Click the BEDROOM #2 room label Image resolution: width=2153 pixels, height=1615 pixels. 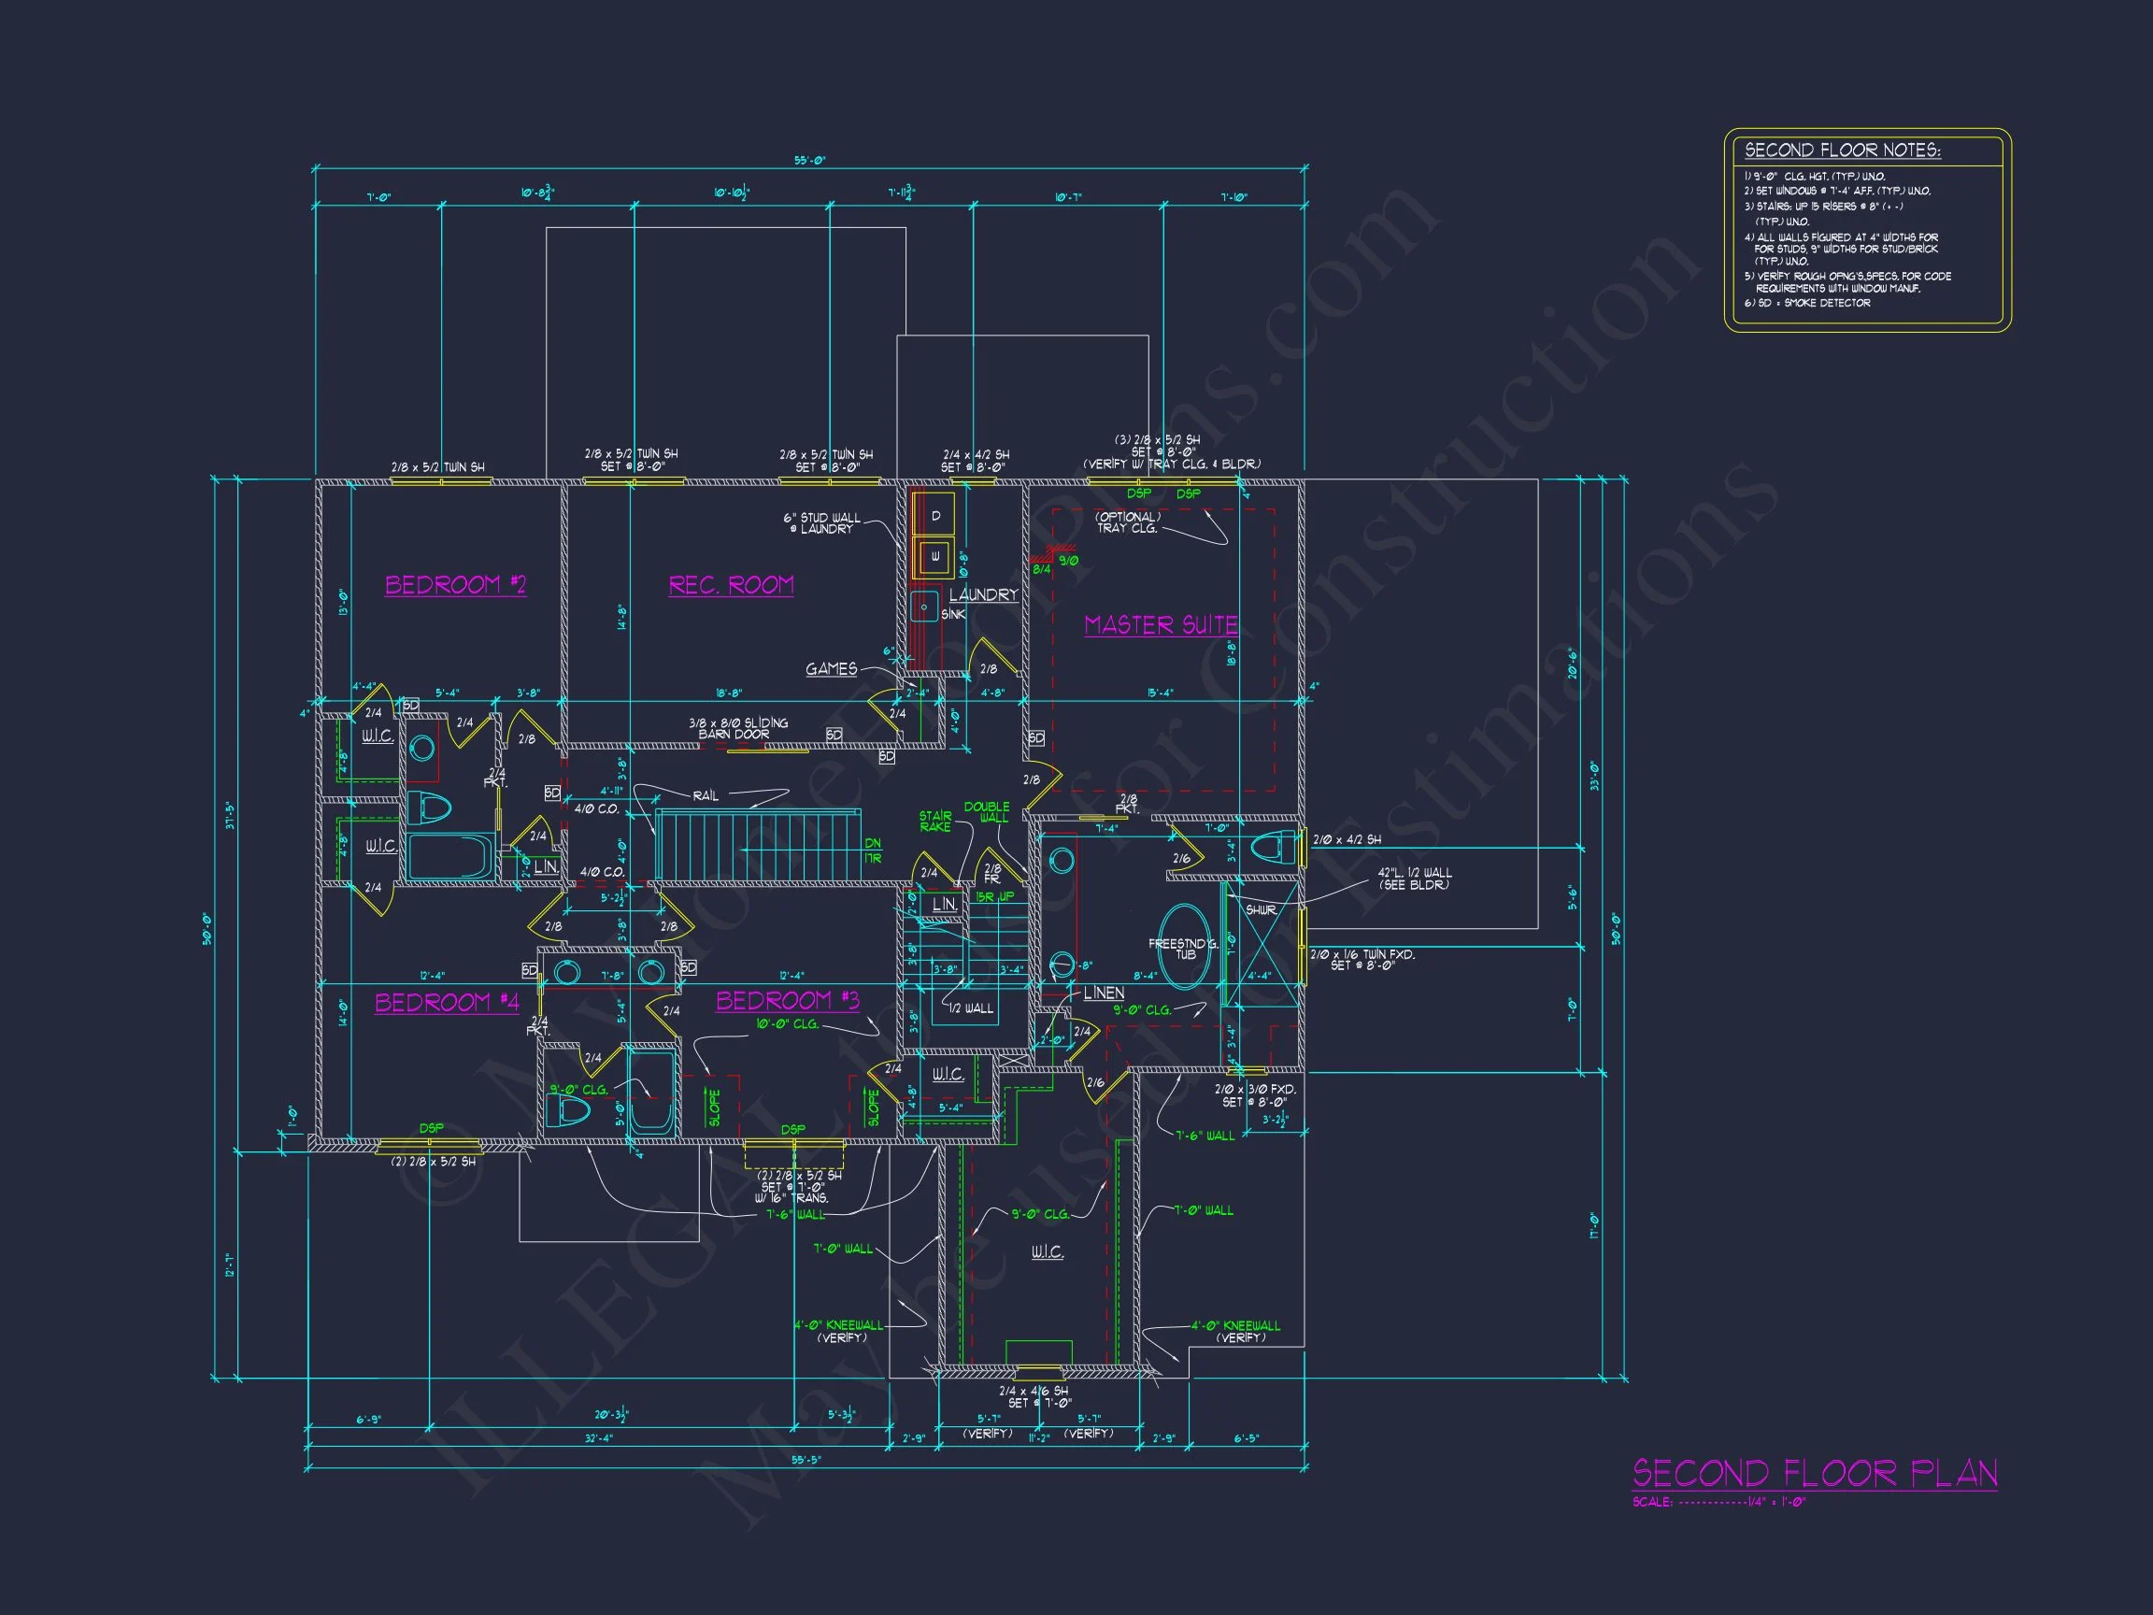455,585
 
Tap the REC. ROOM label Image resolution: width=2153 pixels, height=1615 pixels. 731,585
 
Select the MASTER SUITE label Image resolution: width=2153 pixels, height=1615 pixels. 1162,625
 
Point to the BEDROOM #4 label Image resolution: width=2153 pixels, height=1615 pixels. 447,1003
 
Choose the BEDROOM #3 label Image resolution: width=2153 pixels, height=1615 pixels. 788,1001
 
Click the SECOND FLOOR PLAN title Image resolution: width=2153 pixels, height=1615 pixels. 1815,1473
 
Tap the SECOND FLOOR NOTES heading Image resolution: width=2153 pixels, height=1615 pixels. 1843,150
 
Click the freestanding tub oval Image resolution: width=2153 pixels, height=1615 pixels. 1185,946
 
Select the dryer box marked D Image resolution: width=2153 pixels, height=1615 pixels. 935,516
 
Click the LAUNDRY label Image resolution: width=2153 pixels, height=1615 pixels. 983,594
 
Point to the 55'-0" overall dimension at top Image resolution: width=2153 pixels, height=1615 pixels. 809,161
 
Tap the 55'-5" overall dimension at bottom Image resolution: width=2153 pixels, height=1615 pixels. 806,1460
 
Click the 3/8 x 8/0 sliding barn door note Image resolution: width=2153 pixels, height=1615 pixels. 738,728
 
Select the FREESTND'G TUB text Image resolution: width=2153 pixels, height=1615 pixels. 1184,950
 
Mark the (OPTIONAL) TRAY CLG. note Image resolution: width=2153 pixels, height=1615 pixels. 1128,522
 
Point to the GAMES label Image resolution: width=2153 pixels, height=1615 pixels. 832,669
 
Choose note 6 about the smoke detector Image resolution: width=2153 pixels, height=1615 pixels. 1807,303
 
